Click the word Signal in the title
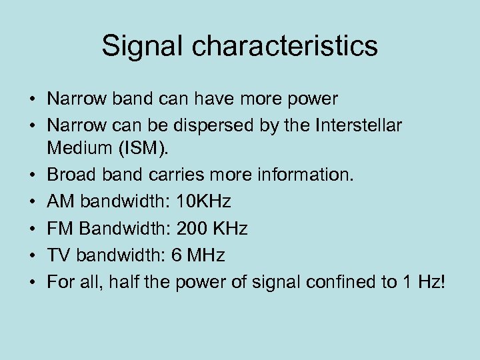(139, 46)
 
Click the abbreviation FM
(59, 229)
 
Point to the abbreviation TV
(58, 255)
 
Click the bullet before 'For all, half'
(31, 282)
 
